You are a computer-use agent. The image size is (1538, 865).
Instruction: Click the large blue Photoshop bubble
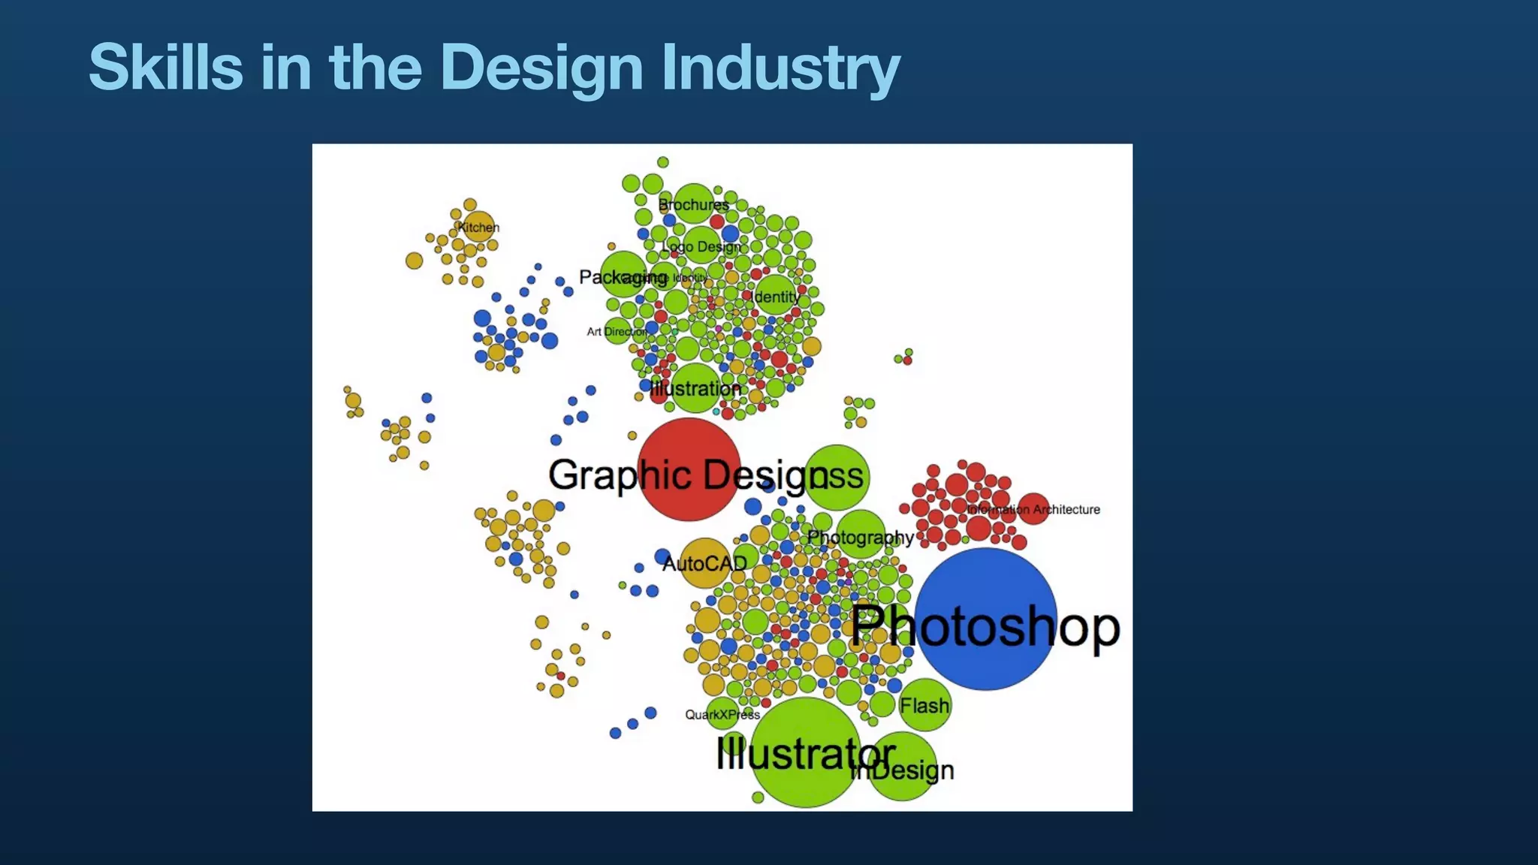pyautogui.click(x=985, y=619)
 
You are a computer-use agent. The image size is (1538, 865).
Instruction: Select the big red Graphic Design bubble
pyautogui.click(x=689, y=469)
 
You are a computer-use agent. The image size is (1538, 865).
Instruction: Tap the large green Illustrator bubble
pyautogui.click(x=806, y=752)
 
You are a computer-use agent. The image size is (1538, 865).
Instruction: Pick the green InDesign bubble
pyautogui.click(x=903, y=766)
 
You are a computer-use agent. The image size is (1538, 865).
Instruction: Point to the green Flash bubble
pyautogui.click(x=924, y=705)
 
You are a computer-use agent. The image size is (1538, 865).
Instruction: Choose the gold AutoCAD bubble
pyautogui.click(x=704, y=563)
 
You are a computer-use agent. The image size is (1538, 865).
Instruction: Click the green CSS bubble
pyautogui.click(x=837, y=477)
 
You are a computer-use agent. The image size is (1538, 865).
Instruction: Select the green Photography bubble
pyautogui.click(x=861, y=535)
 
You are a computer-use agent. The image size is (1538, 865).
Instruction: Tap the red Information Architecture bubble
pyautogui.click(x=1033, y=509)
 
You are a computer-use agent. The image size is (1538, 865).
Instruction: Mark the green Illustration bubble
pyautogui.click(x=695, y=388)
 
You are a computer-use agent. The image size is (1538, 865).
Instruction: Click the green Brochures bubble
pyautogui.click(x=693, y=203)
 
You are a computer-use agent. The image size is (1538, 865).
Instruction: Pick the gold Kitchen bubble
pyautogui.click(x=478, y=226)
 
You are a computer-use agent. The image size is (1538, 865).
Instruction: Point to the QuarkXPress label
pyautogui.click(x=722, y=715)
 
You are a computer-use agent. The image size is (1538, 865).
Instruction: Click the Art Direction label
pyautogui.click(x=617, y=331)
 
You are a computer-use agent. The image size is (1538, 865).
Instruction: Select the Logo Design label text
pyautogui.click(x=701, y=246)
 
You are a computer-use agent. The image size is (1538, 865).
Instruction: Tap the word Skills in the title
pyautogui.click(x=165, y=68)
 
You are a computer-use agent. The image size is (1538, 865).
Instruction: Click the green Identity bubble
pyautogui.click(x=776, y=297)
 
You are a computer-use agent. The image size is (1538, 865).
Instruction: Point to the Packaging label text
pyautogui.click(x=623, y=277)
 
